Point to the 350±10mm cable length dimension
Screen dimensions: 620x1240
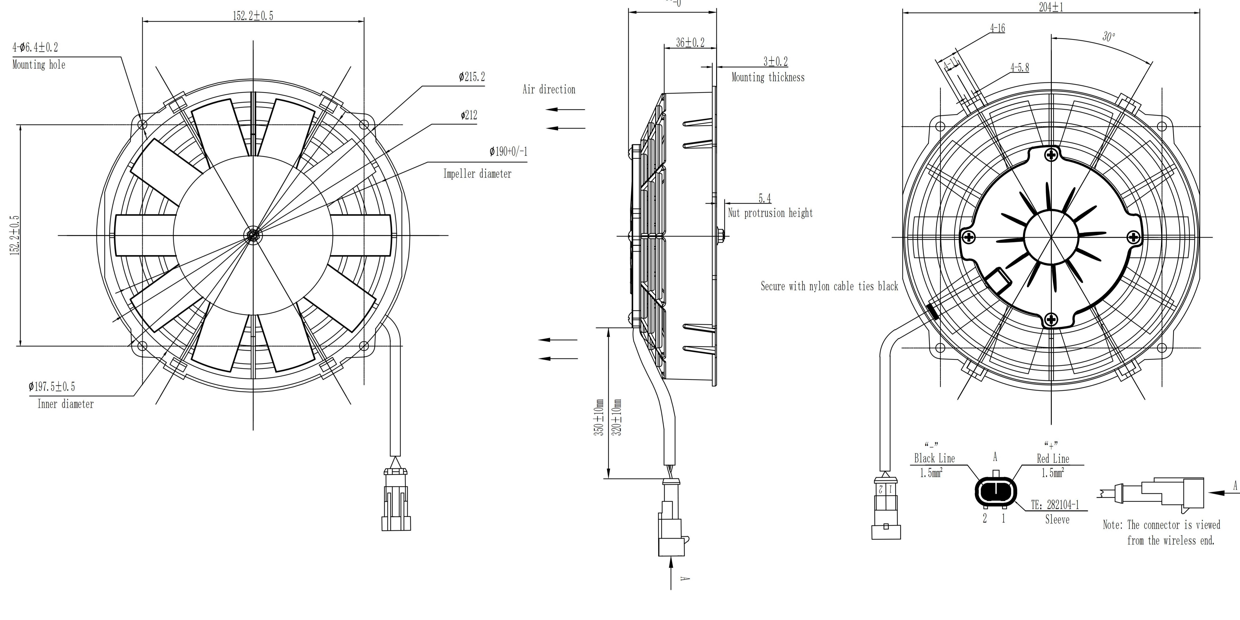(599, 418)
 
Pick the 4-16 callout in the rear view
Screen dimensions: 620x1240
(997, 28)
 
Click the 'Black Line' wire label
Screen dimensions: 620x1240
(934, 458)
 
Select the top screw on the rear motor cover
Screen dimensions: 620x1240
(1051, 155)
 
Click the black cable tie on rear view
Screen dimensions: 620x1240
(932, 311)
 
